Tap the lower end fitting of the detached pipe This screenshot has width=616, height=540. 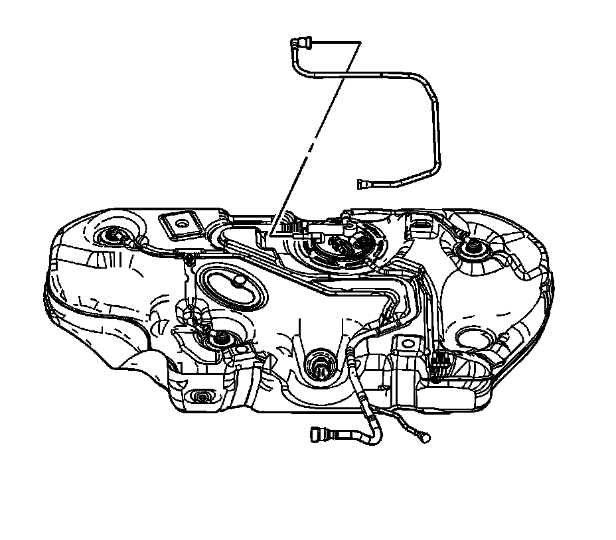click(x=362, y=184)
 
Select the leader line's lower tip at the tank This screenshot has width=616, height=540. click(x=271, y=234)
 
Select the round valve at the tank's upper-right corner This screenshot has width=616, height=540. click(x=473, y=249)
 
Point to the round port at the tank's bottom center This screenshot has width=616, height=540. click(x=319, y=362)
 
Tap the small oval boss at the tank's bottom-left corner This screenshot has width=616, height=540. click(x=200, y=396)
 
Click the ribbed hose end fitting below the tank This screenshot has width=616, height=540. click(x=319, y=436)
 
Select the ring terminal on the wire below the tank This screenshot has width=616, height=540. click(x=424, y=438)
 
